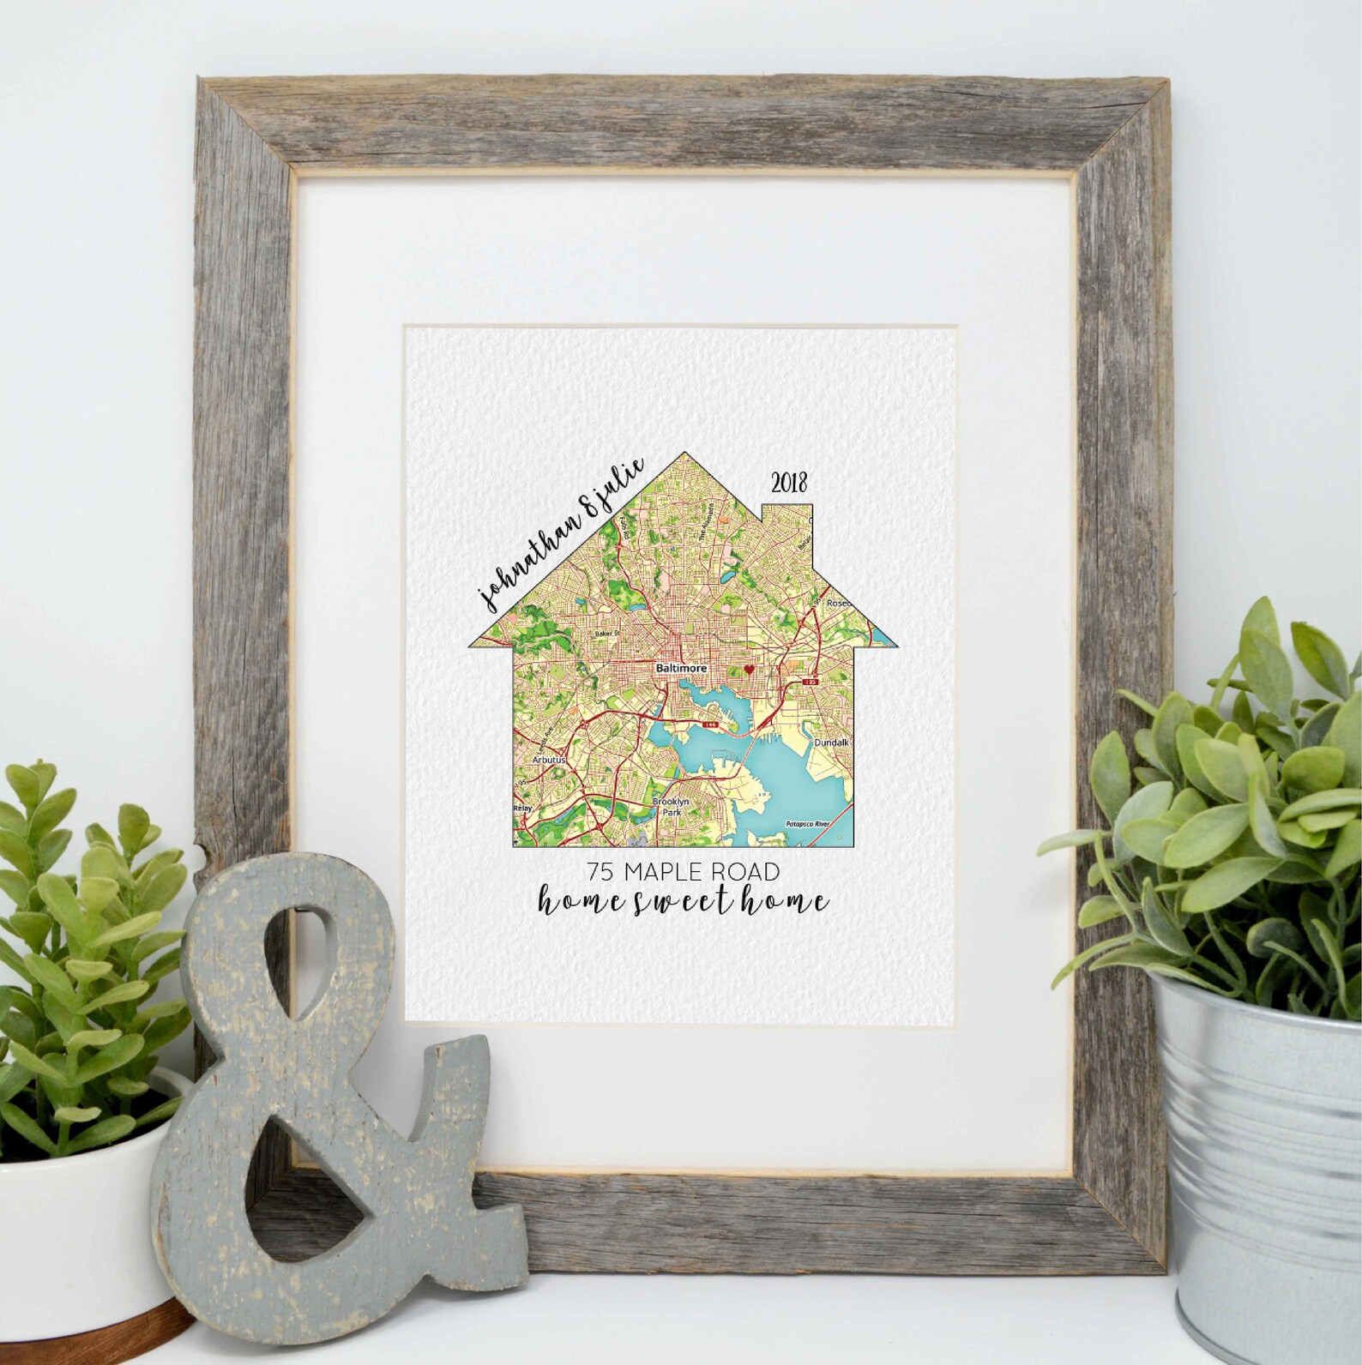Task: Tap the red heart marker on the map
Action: [748, 669]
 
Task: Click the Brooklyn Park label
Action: [671, 806]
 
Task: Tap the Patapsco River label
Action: [809, 825]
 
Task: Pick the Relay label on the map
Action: [522, 808]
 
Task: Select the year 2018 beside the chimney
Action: [789, 484]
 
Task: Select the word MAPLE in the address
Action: [667, 872]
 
